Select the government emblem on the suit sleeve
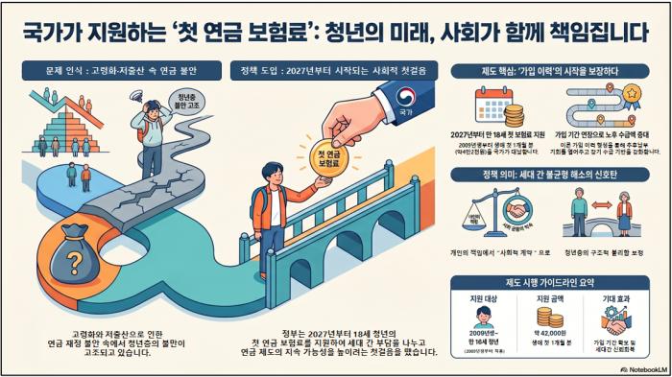405,98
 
